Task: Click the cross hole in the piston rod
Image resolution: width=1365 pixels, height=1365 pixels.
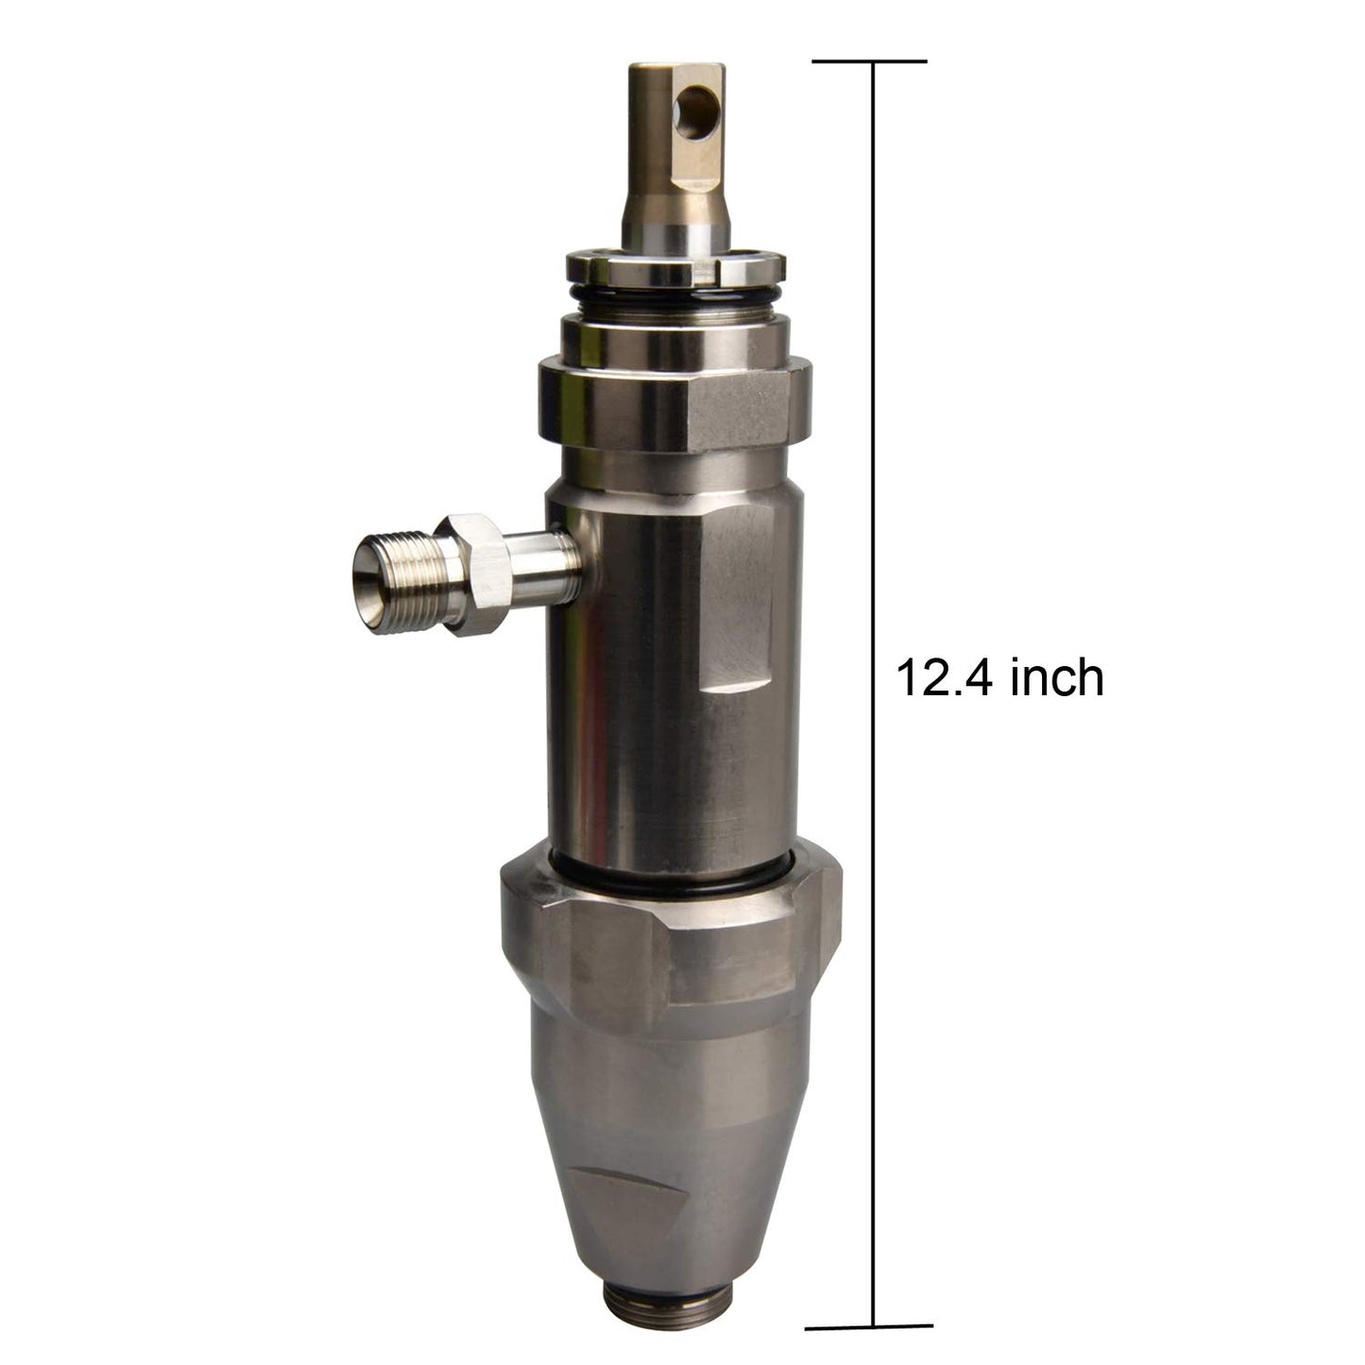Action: coord(695,111)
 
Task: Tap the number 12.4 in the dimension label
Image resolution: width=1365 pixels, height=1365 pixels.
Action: coord(947,678)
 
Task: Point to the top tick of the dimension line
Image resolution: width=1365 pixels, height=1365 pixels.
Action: coord(869,61)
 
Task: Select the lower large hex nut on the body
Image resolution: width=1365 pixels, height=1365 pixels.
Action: coord(671,942)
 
